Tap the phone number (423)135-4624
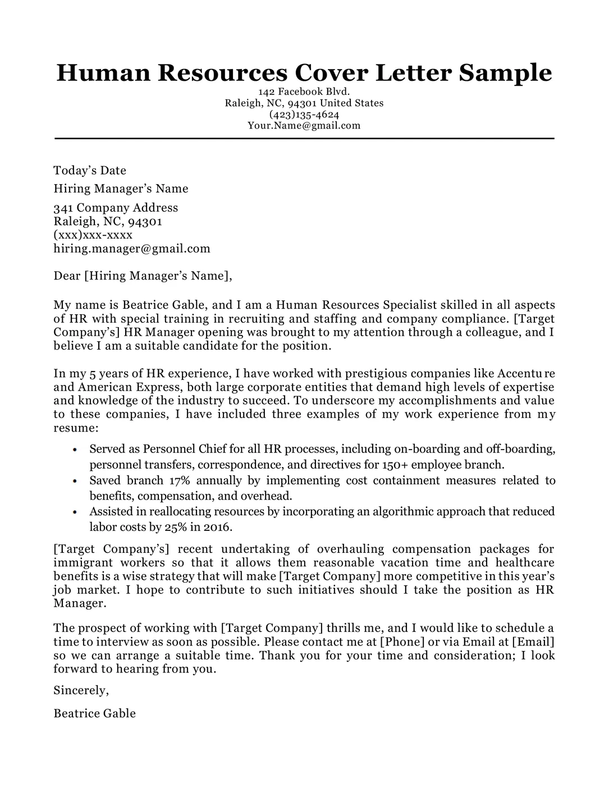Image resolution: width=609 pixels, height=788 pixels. (304, 114)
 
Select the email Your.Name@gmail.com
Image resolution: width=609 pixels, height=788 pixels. (304, 126)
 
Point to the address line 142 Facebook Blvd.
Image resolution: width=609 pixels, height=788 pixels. (304, 92)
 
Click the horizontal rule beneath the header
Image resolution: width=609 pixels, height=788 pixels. (304, 138)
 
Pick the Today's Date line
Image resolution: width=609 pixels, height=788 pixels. (90, 171)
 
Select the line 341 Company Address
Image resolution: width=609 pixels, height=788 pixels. (116, 208)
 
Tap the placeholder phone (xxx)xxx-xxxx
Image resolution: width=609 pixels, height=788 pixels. (93, 235)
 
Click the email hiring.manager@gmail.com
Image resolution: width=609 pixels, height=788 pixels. (132, 248)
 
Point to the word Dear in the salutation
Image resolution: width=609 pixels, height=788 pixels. (66, 276)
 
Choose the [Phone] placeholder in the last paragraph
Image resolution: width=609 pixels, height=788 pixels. (402, 642)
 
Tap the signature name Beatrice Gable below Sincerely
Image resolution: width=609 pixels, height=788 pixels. (94, 713)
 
